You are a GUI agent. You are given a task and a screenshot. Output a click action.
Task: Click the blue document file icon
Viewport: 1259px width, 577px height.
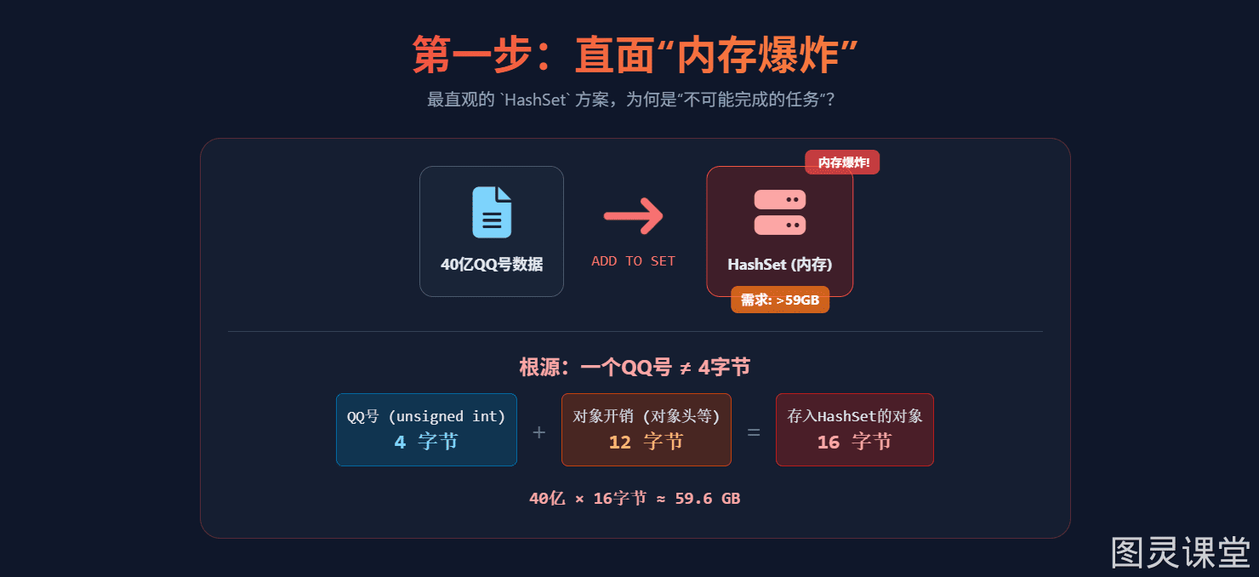(492, 213)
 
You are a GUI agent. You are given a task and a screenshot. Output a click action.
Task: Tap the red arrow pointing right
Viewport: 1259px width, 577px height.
(634, 216)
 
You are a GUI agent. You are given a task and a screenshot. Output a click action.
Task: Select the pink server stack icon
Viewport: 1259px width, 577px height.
(779, 212)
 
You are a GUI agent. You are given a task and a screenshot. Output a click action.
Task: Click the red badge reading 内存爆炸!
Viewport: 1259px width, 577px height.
(842, 163)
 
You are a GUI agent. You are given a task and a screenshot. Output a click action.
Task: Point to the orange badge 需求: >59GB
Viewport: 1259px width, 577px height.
(779, 300)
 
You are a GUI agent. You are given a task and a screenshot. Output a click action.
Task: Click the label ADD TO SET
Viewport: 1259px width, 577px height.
(633, 261)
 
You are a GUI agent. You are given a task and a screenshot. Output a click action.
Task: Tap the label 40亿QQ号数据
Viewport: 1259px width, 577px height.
(492, 265)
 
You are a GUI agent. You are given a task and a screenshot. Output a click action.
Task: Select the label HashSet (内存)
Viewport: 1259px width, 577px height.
(779, 265)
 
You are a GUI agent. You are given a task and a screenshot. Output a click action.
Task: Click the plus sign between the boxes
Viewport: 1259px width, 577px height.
(539, 432)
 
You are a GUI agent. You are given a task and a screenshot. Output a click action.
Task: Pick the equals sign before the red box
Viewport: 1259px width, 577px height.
(754, 432)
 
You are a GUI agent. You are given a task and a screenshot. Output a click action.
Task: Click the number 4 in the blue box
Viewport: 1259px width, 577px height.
(400, 442)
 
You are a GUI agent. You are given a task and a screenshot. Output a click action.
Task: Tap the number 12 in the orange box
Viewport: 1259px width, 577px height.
(620, 442)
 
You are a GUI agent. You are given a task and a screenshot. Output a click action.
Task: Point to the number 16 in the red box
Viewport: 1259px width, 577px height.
(829, 442)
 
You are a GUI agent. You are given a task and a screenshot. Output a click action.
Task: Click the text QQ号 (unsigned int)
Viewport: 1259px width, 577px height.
(426, 416)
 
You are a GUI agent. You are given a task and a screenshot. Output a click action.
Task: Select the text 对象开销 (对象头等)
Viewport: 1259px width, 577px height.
(647, 416)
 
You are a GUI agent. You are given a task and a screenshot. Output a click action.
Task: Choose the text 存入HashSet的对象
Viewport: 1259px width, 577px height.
(855, 416)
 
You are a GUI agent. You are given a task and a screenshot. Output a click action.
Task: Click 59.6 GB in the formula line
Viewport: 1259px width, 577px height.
(708, 498)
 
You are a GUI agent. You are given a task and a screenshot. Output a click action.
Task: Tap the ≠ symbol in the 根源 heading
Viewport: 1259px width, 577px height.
(685, 368)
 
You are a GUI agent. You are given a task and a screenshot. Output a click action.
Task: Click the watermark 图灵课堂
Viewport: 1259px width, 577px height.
(1181, 553)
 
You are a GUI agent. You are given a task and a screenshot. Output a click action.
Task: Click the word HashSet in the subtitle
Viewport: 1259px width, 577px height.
(535, 100)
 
